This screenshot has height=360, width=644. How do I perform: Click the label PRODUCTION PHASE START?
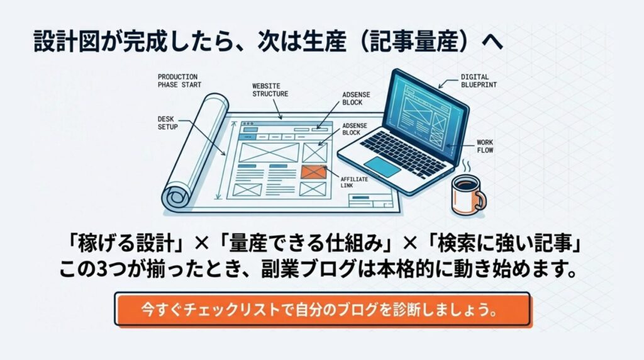click(177, 81)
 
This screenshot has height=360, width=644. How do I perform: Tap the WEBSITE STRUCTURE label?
click(270, 90)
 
